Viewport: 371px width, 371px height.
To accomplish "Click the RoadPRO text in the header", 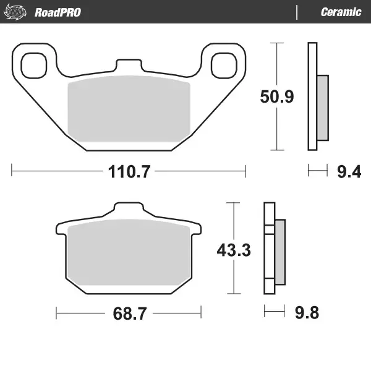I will pos(58,12).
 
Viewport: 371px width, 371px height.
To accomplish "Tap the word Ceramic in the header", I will pos(341,12).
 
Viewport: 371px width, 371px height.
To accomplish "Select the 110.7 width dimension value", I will pos(129,172).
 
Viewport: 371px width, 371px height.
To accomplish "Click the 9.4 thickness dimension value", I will pos(349,172).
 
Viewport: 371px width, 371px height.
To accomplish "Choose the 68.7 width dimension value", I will pos(129,313).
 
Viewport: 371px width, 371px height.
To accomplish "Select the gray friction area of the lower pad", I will pos(129,254).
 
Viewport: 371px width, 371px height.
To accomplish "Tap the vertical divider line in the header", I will pos(297,12).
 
